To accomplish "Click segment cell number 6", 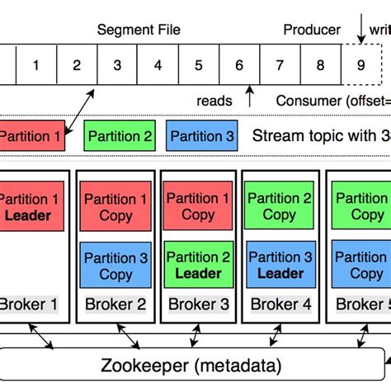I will tap(238, 64).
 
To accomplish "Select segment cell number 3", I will tap(116, 64).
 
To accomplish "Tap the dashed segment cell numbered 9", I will tap(360, 64).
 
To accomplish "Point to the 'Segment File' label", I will tap(139, 30).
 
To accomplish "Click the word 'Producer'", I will tap(312, 30).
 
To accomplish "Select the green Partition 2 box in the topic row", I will tap(118, 136).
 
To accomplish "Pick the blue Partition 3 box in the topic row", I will tap(200, 136).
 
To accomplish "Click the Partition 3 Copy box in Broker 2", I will tap(115, 266).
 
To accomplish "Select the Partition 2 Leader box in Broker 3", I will tap(198, 266).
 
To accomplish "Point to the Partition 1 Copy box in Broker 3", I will tap(198, 206).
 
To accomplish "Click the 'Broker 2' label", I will tap(115, 304).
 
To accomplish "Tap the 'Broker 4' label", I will tap(280, 304).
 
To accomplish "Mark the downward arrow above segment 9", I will tap(360, 31).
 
